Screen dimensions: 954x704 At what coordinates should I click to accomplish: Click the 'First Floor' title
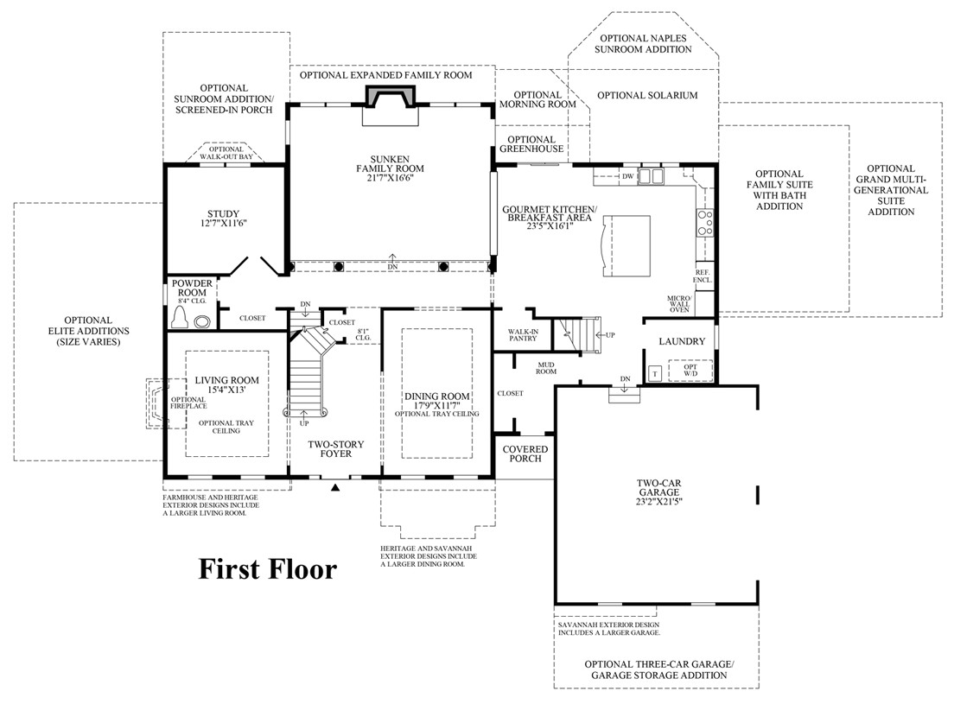268,569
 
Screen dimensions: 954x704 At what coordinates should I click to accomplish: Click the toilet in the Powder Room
180,317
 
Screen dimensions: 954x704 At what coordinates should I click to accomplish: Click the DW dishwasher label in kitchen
628,176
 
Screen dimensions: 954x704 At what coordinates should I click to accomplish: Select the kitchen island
626,246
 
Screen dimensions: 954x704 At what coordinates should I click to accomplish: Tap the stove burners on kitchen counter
705,223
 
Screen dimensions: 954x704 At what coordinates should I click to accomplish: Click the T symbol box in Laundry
655,373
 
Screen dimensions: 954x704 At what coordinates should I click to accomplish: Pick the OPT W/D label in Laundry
690,371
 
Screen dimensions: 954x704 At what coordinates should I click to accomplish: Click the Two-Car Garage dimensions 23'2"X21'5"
659,502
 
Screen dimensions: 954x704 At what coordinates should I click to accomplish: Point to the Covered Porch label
525,453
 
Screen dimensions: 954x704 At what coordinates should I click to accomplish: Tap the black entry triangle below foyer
335,486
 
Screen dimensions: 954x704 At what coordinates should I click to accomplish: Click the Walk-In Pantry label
524,335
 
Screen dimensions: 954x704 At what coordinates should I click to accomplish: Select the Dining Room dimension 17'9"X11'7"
437,405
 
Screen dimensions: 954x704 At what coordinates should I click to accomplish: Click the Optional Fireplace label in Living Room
188,403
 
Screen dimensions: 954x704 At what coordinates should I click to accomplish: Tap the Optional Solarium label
647,95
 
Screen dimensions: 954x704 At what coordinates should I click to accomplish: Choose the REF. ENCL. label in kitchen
703,276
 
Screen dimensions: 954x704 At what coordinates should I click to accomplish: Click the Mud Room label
546,368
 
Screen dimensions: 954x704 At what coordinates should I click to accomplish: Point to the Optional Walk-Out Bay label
226,153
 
